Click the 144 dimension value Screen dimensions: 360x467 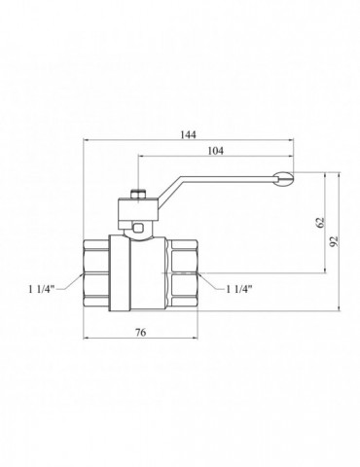click(189, 134)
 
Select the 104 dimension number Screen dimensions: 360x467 click(216, 151)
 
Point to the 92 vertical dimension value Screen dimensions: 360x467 click(334, 241)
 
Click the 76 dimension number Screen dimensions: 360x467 click(141, 332)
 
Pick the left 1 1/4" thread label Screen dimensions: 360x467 click(42, 289)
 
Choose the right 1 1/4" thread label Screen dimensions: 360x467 click(239, 289)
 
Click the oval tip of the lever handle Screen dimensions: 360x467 click(283, 179)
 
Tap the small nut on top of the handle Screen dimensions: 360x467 click(138, 195)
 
